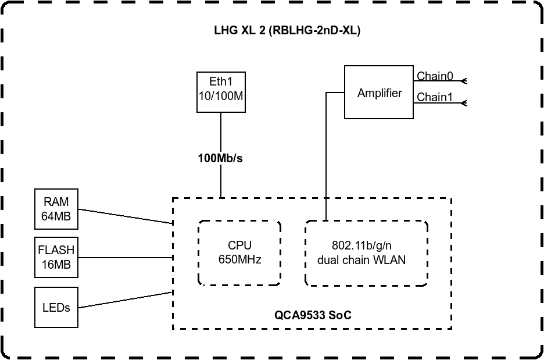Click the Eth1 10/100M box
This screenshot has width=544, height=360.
pyautogui.click(x=221, y=92)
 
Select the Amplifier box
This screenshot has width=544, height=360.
pyautogui.click(x=379, y=92)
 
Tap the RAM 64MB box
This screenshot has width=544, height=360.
pyautogui.click(x=56, y=209)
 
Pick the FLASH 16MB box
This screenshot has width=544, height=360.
pyautogui.click(x=56, y=257)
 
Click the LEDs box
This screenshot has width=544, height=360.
pyautogui.click(x=56, y=307)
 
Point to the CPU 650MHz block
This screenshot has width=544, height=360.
pyautogui.click(x=239, y=253)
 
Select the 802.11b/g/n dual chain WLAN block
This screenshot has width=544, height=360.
pyautogui.click(x=366, y=253)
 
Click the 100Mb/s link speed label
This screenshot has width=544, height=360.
pyautogui.click(x=220, y=158)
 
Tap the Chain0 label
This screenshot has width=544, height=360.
pyautogui.click(x=435, y=76)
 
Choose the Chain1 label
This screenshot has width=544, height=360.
pyautogui.click(x=435, y=97)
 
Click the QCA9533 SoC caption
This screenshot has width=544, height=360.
pyautogui.click(x=313, y=315)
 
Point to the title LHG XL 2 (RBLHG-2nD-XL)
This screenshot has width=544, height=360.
pyautogui.click(x=287, y=30)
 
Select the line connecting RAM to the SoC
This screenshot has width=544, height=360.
pyautogui.click(x=125, y=216)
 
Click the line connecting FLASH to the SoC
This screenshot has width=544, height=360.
pyautogui.click(x=125, y=258)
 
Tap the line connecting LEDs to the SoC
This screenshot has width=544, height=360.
pyautogui.click(x=125, y=300)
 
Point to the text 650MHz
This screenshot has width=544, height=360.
pyautogui.click(x=239, y=259)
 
